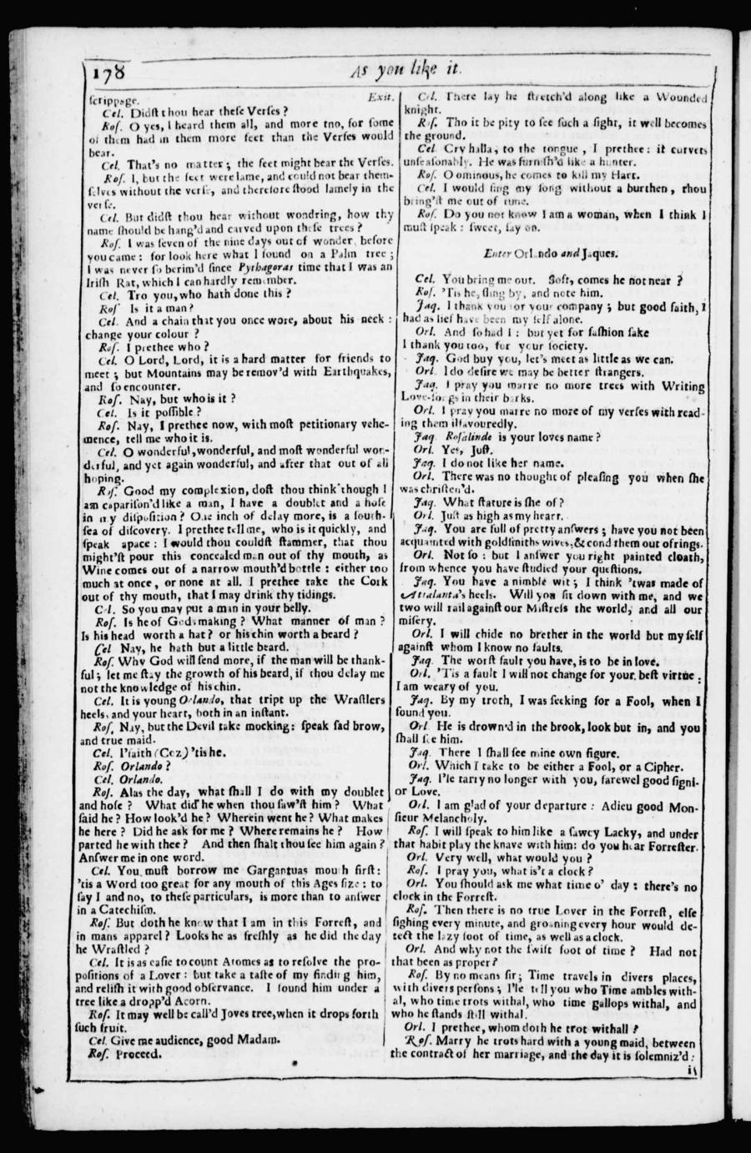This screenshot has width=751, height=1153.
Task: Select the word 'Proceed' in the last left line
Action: point(138,1054)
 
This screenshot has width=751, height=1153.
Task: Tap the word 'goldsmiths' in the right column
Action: point(503,541)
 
